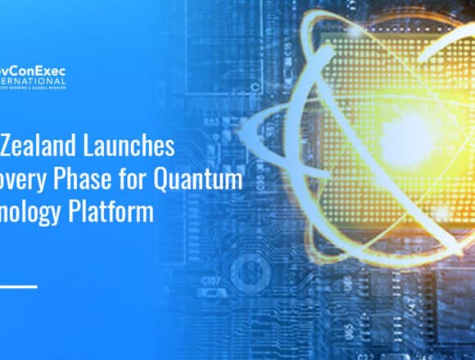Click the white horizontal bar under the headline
pyautogui.click(x=18, y=286)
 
